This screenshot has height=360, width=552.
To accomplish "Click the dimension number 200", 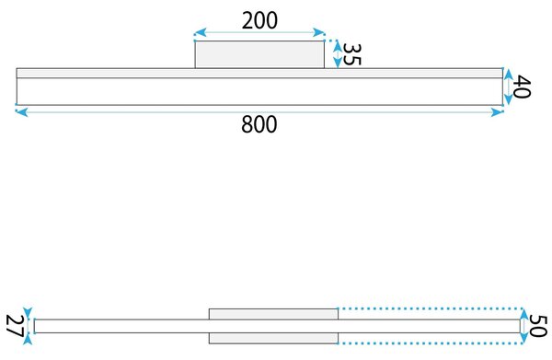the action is (x=259, y=20).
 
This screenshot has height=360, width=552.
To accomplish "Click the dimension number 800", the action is (x=259, y=124).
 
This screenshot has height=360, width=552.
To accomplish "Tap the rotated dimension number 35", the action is (x=351, y=54).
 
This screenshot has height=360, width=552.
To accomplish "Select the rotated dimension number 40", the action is (x=522, y=87).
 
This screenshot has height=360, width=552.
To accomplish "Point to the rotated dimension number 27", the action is (x=15, y=326).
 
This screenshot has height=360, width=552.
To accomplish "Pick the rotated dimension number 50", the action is (x=538, y=326).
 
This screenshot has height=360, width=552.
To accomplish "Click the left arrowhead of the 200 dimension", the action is (x=200, y=33).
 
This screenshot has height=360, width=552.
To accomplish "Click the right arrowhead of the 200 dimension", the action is (x=319, y=33).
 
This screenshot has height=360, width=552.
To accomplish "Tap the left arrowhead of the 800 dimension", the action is (x=21, y=112).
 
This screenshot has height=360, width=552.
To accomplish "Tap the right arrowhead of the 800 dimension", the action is (x=498, y=112).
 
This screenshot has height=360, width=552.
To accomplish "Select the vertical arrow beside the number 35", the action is (x=338, y=54).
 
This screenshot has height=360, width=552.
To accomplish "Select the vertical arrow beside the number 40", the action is (x=508, y=87).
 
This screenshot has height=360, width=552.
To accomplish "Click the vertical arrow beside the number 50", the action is (x=524, y=326).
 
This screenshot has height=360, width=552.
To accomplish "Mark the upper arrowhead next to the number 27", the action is (x=28, y=312).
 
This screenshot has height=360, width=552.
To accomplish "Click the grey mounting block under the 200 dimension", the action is (x=259, y=54).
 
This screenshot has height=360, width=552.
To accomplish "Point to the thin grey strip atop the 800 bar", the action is (x=259, y=74).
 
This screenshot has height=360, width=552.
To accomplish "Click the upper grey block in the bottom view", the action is (x=273, y=314).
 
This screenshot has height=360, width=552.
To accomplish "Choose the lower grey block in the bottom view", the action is (x=273, y=338).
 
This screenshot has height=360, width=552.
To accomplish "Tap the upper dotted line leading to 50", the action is (x=431, y=308).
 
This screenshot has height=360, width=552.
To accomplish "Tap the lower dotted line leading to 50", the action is (x=431, y=343).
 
